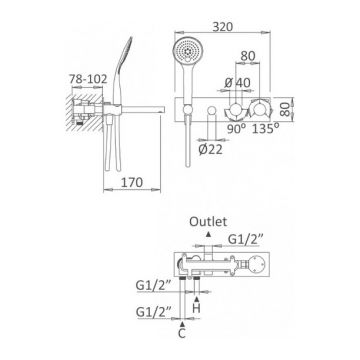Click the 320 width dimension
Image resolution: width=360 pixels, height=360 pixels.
click(223, 27)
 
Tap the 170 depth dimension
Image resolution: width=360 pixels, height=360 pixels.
click(132, 182)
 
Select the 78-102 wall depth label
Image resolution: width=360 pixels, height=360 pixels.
click(88, 79)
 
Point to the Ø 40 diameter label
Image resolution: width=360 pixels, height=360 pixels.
click(237, 82)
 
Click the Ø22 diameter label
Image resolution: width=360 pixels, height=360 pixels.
click(210, 150)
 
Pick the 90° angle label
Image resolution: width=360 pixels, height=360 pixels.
click(236, 129)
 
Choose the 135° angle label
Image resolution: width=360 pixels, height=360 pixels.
click(265, 129)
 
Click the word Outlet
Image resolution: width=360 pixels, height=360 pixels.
click(208, 222)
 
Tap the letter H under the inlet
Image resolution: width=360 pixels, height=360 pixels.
click(197, 308)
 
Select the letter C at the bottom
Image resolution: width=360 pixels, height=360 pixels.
click(182, 333)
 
